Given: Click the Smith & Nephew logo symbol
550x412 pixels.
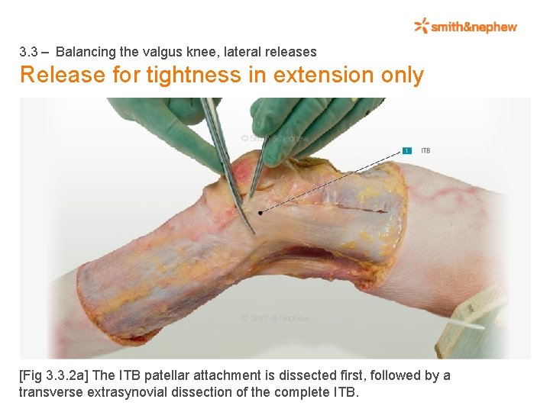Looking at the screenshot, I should coord(422,27).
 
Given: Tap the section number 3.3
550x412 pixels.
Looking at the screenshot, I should coord(29,52).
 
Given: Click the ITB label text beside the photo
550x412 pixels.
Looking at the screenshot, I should coord(425,150).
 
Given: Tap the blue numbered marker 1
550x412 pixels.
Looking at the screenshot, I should coord(407,150).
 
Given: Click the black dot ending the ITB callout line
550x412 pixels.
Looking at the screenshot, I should coord(260,213).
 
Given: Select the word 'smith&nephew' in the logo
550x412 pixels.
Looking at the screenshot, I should coord(474,27).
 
